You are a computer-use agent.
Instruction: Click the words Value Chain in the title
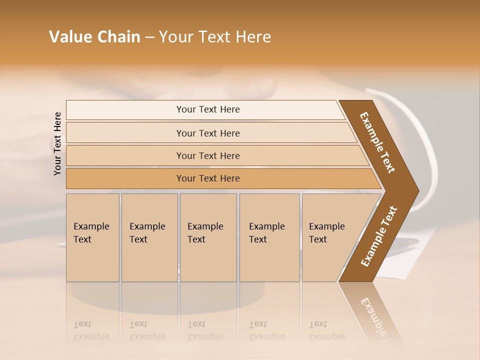(x=94, y=37)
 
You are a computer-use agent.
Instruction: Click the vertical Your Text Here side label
(x=58, y=143)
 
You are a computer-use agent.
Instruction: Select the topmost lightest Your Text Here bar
(x=208, y=109)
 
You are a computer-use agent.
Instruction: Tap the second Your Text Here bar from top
(x=208, y=133)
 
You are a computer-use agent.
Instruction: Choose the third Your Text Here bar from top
(x=208, y=155)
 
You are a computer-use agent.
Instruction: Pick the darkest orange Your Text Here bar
(x=208, y=178)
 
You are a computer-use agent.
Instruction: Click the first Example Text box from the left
(x=92, y=237)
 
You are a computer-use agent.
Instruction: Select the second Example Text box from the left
(x=149, y=237)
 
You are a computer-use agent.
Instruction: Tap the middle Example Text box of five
(x=208, y=237)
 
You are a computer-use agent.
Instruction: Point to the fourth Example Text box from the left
(x=269, y=237)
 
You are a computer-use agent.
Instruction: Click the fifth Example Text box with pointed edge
(x=330, y=237)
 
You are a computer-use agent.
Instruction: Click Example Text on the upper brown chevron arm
(x=377, y=142)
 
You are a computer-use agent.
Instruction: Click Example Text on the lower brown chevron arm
(x=379, y=236)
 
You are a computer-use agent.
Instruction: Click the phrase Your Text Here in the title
(x=215, y=37)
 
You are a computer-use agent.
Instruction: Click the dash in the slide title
(x=149, y=37)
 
